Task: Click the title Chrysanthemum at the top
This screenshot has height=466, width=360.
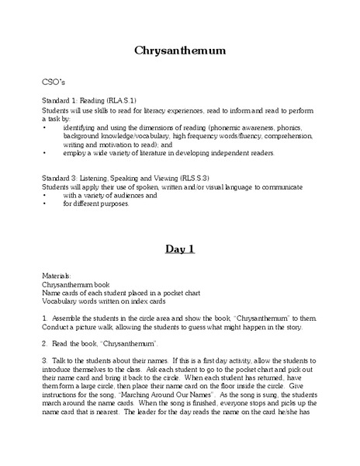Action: coord(179,51)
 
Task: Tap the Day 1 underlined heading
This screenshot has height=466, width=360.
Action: coord(179,249)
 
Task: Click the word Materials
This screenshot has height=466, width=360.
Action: coord(56,276)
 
